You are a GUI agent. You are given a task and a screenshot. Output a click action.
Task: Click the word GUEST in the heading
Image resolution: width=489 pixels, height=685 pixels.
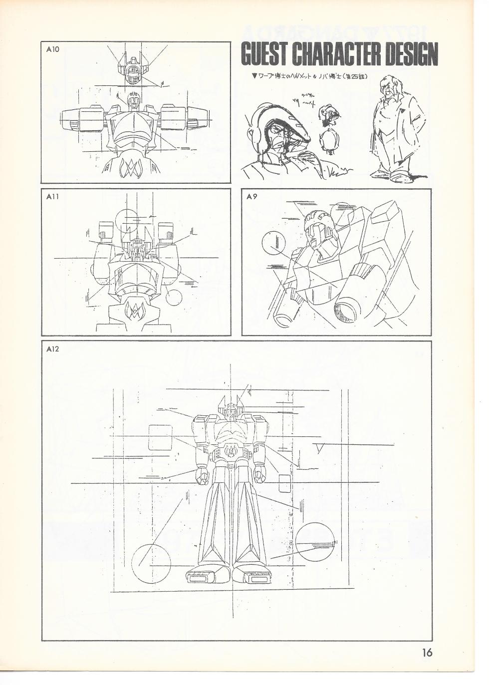[x=263, y=54]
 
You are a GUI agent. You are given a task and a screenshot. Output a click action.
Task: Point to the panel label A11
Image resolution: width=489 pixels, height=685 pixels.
[x=51, y=196]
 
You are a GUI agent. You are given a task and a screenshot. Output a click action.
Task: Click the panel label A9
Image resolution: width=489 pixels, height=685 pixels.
[x=252, y=196]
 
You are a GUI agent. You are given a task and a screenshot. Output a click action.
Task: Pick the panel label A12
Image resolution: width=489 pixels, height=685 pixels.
[x=52, y=349]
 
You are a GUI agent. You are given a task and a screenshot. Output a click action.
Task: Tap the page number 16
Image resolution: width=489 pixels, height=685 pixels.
[x=426, y=652]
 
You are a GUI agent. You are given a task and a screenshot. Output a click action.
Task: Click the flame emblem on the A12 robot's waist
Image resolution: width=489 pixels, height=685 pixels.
[x=231, y=452]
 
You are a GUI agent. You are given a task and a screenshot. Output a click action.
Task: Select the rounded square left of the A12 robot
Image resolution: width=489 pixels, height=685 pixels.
[x=161, y=438]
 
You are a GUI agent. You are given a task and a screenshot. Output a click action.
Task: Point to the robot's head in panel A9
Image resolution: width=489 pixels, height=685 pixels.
[x=319, y=230]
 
